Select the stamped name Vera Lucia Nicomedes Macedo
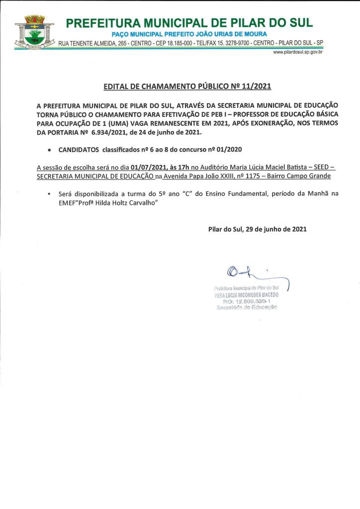[x=246, y=294]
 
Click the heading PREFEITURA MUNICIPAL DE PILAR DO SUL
[x=189, y=23]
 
